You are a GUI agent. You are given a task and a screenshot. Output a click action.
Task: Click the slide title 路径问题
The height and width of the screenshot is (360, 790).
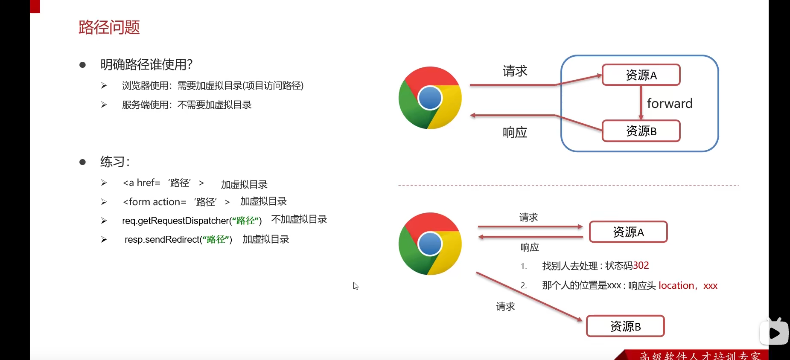coord(109,27)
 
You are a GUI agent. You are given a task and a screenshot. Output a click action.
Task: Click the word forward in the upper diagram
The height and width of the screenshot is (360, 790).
coord(669,104)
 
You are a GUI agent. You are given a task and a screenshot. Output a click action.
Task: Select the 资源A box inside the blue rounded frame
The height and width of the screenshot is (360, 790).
coord(641,75)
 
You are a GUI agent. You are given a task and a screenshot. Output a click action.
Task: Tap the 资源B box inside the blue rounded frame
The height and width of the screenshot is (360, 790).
coord(641,131)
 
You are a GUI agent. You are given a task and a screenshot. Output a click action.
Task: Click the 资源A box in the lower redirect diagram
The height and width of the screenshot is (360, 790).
coord(628,232)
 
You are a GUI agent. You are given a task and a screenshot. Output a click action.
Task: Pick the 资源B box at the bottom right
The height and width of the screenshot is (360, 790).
coord(625,326)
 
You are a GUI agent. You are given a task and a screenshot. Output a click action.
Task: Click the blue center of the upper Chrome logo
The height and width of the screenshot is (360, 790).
coord(430,98)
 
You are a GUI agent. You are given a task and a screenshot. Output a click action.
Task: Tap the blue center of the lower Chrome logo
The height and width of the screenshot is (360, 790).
coord(430,244)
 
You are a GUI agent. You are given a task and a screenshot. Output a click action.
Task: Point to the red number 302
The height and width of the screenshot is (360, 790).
coord(641,265)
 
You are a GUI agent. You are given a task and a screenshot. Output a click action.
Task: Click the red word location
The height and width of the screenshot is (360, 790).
coord(676,285)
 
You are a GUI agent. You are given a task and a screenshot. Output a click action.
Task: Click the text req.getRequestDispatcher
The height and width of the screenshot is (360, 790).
coord(175,221)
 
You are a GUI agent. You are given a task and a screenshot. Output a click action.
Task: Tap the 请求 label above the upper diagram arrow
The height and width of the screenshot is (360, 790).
coord(515,71)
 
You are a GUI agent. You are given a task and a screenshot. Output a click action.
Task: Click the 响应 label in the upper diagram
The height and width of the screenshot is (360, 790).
coord(515,133)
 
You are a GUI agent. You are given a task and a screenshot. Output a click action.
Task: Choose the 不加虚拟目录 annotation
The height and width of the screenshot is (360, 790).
coord(299,219)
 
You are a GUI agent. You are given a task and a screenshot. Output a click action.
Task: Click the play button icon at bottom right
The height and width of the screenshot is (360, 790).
coord(774,333)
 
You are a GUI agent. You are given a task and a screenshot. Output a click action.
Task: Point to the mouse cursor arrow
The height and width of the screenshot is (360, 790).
coord(355,285)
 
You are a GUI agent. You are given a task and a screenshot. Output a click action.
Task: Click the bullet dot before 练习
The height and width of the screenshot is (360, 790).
coord(83,162)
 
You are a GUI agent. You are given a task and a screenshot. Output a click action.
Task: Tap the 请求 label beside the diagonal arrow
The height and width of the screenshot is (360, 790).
coord(505,306)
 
